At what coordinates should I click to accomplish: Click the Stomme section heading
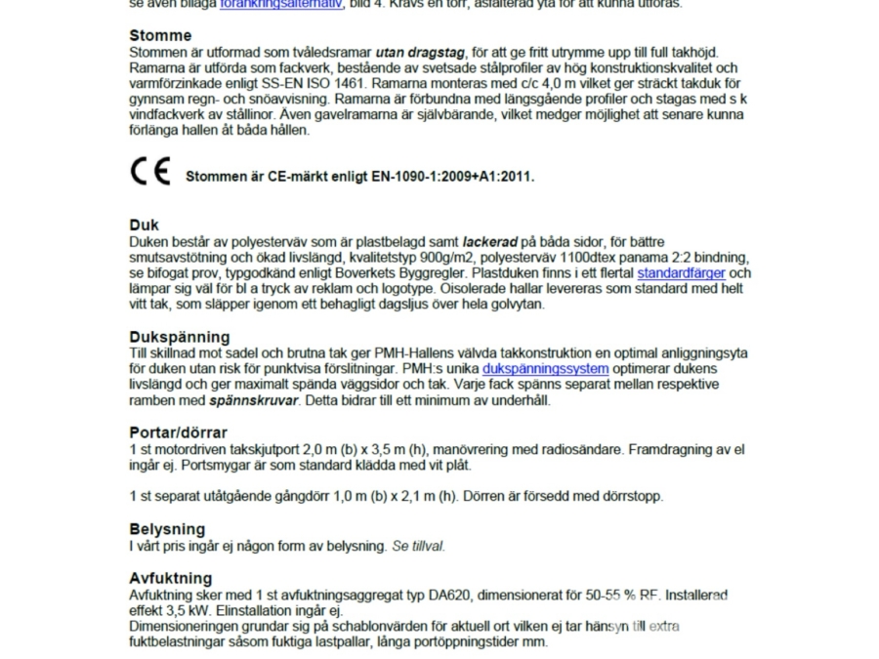tap(160, 35)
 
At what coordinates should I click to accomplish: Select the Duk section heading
tap(144, 225)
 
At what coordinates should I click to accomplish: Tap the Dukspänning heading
tap(179, 338)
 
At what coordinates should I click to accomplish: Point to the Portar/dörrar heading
tap(178, 432)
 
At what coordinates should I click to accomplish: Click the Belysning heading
tap(167, 529)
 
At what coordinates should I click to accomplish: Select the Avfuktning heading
tap(170, 578)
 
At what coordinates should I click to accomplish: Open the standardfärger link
tap(681, 273)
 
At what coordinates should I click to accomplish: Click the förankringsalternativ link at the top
tap(280, 4)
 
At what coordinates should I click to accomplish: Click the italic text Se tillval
tap(418, 546)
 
